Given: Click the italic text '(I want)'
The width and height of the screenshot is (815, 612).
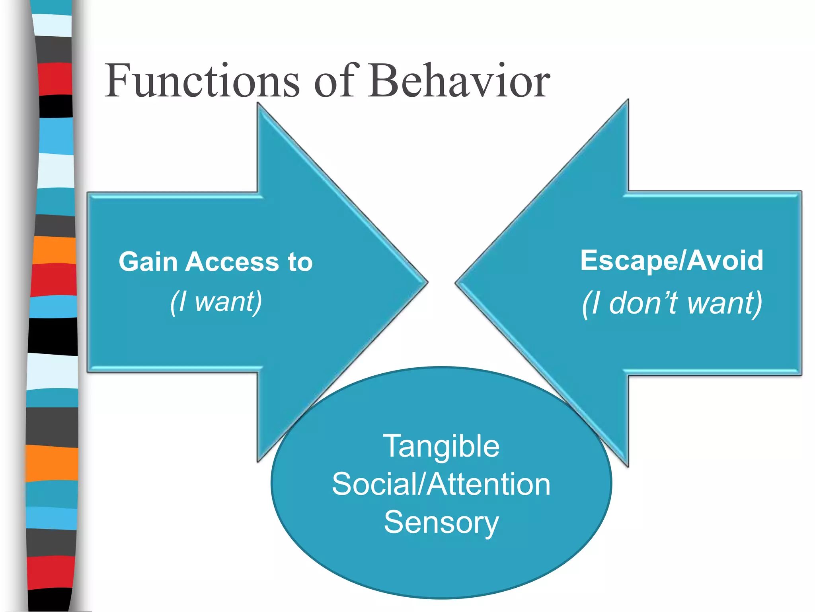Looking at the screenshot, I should click(x=216, y=302).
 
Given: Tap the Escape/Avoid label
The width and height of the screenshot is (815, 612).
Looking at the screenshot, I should click(x=672, y=261).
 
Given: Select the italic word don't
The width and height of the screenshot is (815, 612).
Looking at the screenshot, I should click(x=643, y=303).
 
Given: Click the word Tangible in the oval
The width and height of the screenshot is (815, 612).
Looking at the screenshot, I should click(x=441, y=446).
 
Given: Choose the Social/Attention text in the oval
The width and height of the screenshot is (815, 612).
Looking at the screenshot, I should click(x=441, y=484).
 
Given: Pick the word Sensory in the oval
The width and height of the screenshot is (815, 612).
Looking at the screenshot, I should click(x=441, y=522).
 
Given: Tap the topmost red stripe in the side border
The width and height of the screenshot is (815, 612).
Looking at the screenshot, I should click(x=55, y=78).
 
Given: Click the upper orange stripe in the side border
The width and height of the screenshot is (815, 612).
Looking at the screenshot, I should click(x=54, y=250).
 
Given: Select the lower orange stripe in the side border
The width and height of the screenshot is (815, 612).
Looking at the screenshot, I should click(x=52, y=463).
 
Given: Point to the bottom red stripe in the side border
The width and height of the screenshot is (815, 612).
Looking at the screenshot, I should click(x=51, y=572).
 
